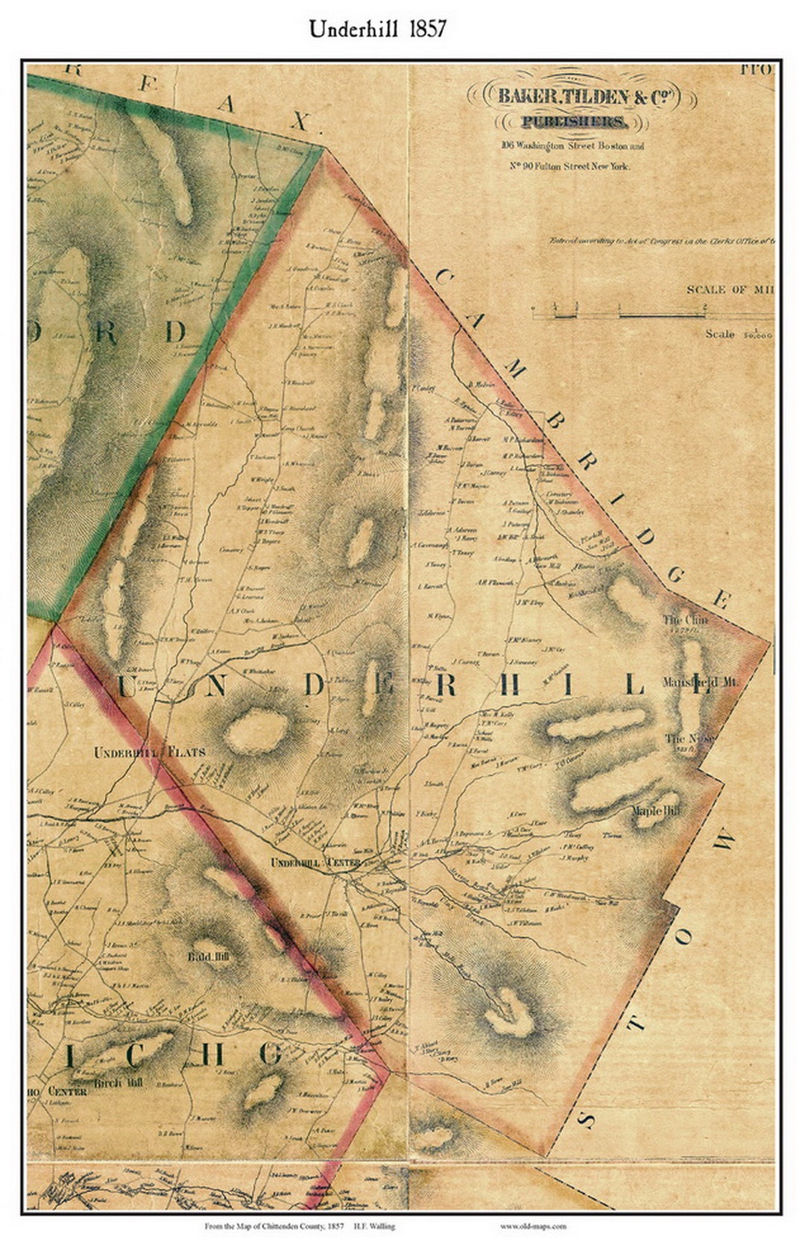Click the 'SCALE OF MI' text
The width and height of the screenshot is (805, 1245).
[729, 289]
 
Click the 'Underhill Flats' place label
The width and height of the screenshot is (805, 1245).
[148, 752]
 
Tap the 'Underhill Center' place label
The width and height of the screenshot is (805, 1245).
[315, 863]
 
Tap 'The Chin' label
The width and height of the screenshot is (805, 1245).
[686, 620]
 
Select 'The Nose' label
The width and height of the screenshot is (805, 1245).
[690, 739]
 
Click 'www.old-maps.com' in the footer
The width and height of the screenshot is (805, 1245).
[533, 1226]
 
